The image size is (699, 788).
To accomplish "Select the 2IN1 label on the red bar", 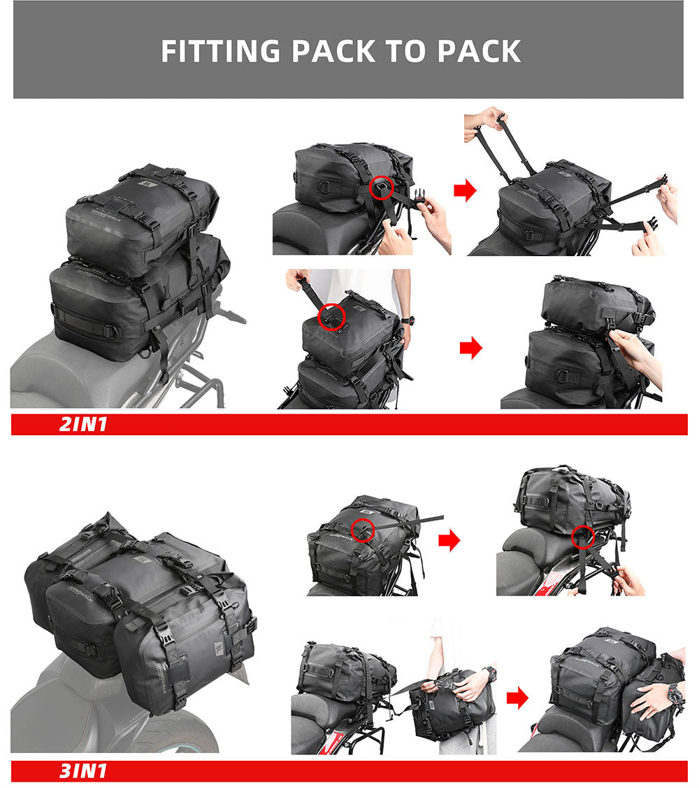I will (83, 424).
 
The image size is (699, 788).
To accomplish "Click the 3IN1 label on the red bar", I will (83, 771).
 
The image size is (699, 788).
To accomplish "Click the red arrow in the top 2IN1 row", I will (465, 190).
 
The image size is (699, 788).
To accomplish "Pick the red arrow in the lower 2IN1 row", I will (471, 348).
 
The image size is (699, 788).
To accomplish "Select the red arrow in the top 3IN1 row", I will (449, 540).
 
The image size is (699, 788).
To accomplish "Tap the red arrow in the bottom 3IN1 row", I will (517, 697).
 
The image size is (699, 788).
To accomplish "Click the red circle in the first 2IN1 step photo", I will (382, 187).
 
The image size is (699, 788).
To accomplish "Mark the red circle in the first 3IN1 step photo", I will (363, 530).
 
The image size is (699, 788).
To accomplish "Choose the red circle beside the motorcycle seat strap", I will (582, 537).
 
